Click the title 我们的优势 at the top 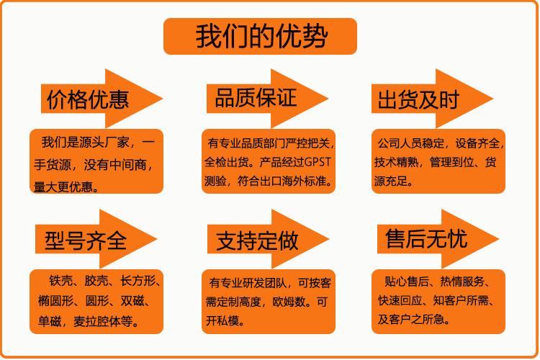[261, 37]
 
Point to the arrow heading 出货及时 [418, 99]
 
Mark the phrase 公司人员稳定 [408, 142]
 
